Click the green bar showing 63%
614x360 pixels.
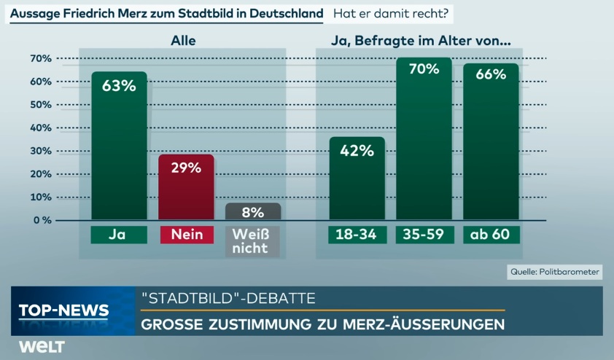(x=119, y=146)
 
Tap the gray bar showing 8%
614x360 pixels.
(x=253, y=211)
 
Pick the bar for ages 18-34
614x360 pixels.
(x=357, y=179)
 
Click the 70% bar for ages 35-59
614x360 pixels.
(x=424, y=138)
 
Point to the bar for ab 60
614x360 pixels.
(x=491, y=142)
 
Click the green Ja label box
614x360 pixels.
(x=119, y=235)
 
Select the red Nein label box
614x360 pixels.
(x=186, y=235)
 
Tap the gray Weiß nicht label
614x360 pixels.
(x=253, y=240)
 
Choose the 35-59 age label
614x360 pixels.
(x=424, y=235)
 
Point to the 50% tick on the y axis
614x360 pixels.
(x=40, y=104)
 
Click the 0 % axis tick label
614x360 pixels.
(x=40, y=220)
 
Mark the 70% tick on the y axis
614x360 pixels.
(x=40, y=58)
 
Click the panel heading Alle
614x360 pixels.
(x=183, y=42)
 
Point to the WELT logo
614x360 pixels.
(x=42, y=346)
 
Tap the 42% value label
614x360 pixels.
(x=357, y=151)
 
